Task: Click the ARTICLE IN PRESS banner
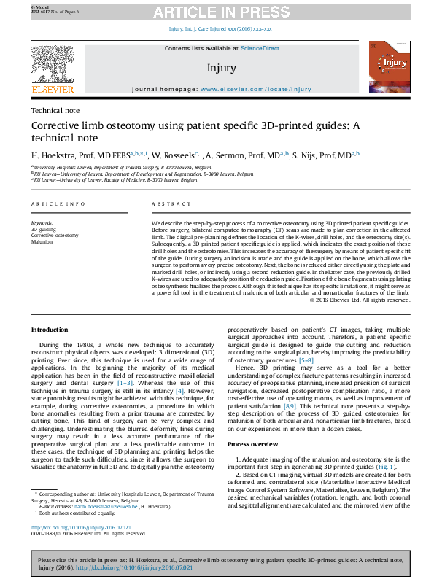click(x=217, y=12)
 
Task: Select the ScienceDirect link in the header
click(x=260, y=48)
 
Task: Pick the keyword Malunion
click(x=43, y=243)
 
